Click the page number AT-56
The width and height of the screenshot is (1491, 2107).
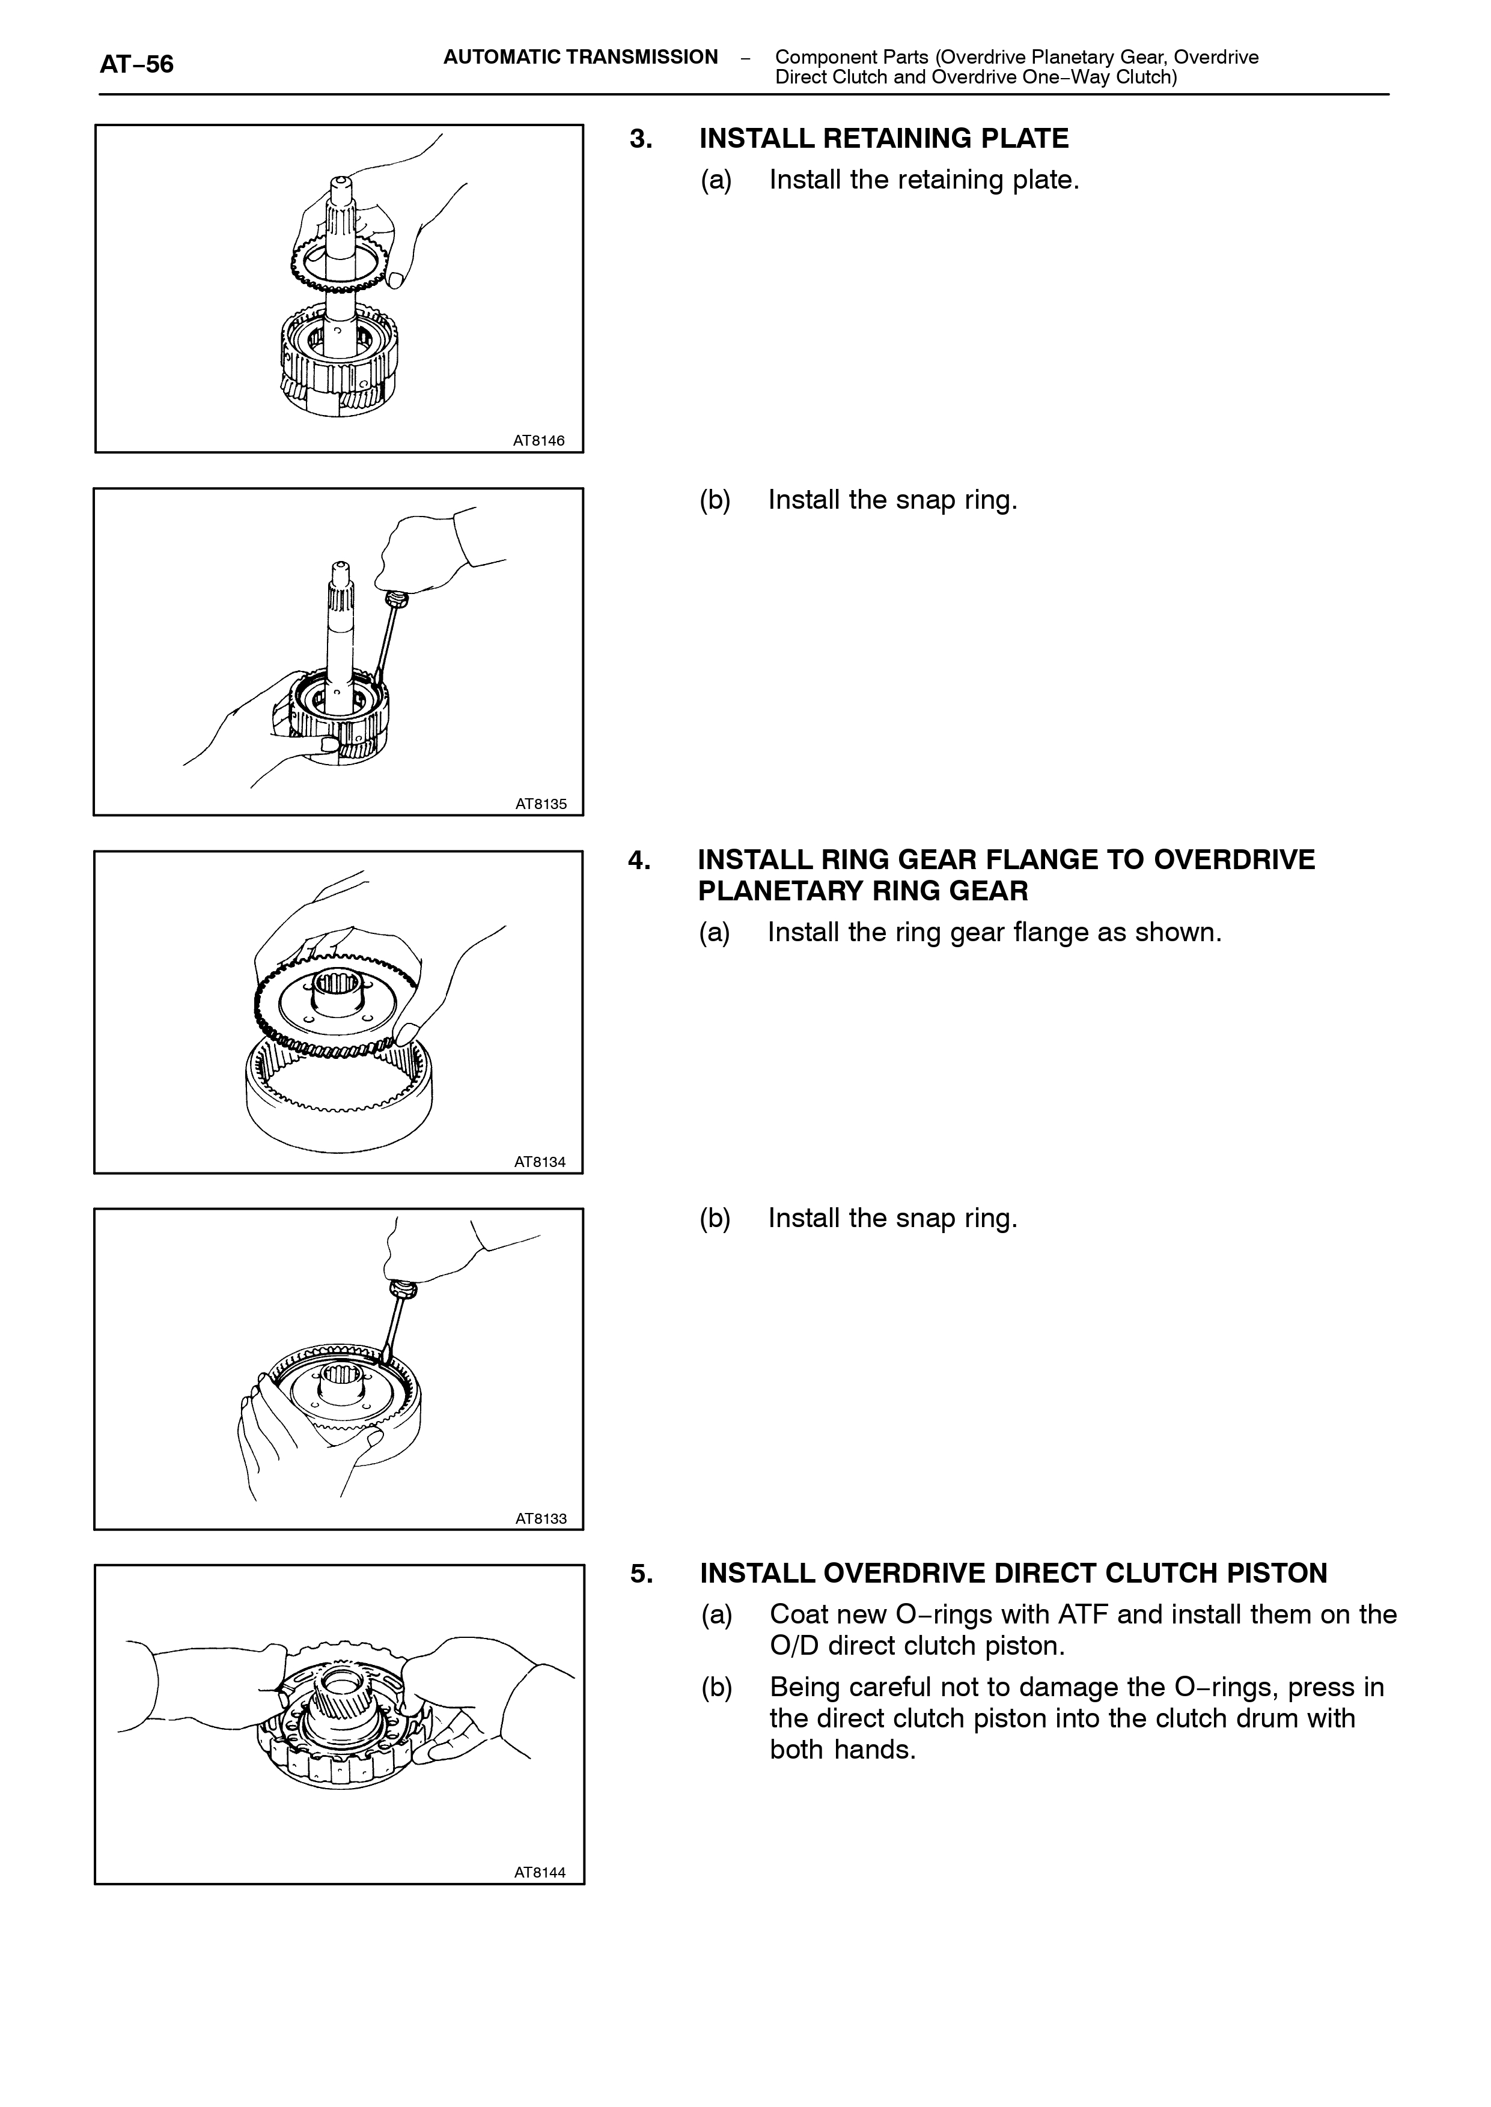tap(137, 64)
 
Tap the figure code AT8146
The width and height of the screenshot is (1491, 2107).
tap(539, 440)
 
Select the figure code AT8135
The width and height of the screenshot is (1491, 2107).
tap(541, 804)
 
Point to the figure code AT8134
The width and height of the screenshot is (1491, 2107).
tap(540, 1162)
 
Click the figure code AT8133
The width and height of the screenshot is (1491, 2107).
tap(541, 1519)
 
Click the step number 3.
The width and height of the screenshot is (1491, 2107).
tap(641, 139)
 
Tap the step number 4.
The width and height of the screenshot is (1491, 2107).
tap(640, 860)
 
